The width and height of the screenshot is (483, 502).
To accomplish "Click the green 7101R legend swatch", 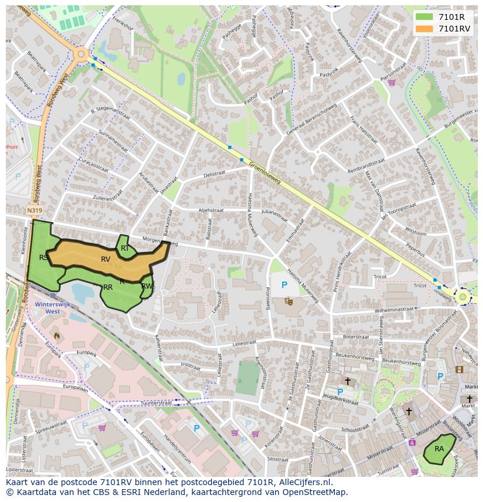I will [424, 17].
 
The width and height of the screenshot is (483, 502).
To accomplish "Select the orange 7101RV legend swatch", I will [424, 29].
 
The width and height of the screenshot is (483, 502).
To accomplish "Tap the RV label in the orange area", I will [106, 259].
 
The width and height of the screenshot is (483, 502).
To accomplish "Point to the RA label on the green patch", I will [439, 449].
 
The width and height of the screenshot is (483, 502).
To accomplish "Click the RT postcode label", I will [125, 248].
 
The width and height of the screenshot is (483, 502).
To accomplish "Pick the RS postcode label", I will [44, 257].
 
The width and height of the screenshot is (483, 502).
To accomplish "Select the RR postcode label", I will [108, 287].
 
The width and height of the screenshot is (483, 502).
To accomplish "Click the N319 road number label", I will [34, 210].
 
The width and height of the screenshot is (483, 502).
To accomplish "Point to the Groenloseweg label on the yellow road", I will [265, 173].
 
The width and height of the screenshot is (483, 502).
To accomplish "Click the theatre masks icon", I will [288, 301].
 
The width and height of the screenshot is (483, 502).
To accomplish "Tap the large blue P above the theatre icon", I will [285, 285].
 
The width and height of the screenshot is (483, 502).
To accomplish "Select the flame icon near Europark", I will [57, 336].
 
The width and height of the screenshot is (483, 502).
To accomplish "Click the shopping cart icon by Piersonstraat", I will [391, 83].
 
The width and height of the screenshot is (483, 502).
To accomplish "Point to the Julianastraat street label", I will [275, 213].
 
